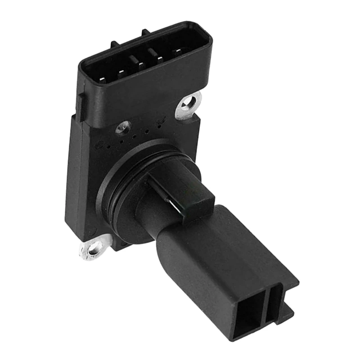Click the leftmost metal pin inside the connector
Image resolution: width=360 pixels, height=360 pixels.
click(x=102, y=80)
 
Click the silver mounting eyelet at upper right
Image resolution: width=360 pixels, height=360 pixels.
click(x=189, y=104)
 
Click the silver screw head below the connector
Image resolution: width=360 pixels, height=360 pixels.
click(x=123, y=127)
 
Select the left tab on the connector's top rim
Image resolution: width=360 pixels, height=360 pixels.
click(x=114, y=44)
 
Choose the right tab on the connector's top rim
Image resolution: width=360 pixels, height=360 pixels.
click(x=145, y=32)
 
